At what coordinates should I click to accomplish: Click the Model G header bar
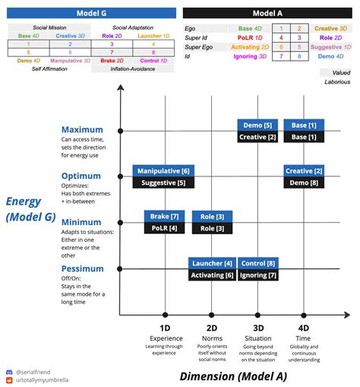click(92, 13)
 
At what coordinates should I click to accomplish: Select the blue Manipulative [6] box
click(164, 171)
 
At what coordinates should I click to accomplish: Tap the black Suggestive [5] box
click(164, 182)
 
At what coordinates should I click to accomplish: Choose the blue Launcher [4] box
click(212, 263)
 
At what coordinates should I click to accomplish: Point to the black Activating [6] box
click(212, 274)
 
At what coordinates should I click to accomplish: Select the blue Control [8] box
click(257, 263)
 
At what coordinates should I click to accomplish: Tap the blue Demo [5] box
click(257, 125)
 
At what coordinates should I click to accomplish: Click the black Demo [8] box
click(304, 182)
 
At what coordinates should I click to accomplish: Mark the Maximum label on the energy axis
click(82, 130)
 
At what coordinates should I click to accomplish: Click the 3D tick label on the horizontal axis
click(257, 328)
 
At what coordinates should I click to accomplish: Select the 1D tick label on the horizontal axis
click(165, 328)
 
